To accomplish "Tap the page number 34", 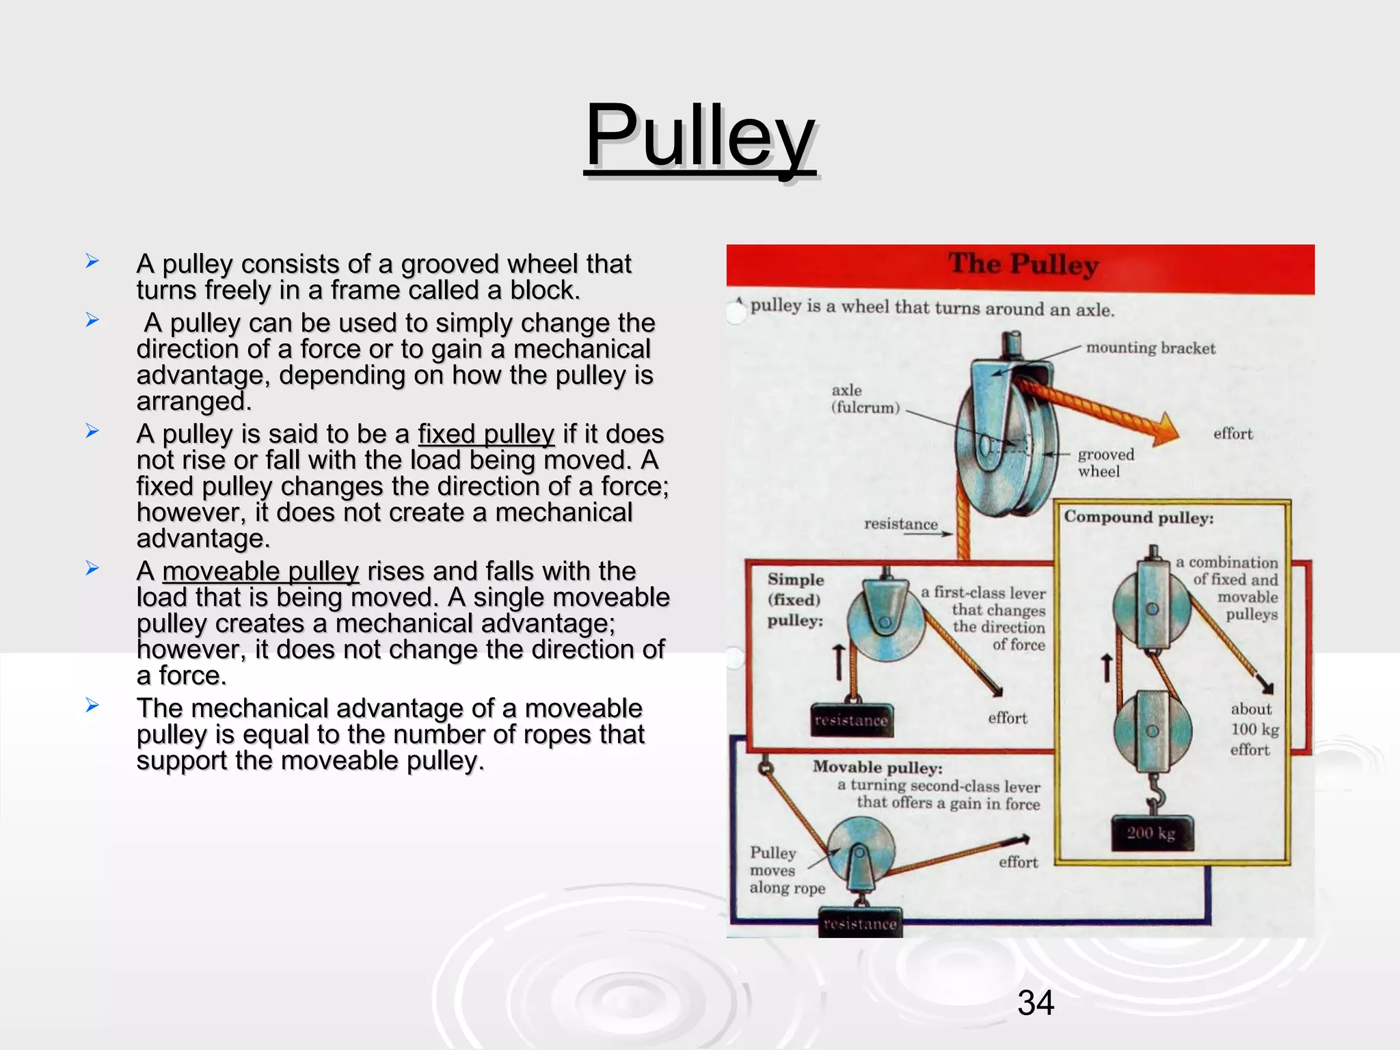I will (x=1036, y=1003).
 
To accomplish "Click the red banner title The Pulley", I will (x=1023, y=265).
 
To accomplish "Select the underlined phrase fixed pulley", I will (x=486, y=434).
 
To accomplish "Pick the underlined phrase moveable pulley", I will (x=260, y=571).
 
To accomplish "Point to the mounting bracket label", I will (x=1150, y=349).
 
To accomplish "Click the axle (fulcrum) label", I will (x=864, y=399).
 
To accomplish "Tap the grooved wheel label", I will (x=1105, y=463).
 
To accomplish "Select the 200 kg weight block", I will (x=1152, y=833).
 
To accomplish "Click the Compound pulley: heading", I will (x=1138, y=517).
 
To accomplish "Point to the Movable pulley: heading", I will (x=877, y=768).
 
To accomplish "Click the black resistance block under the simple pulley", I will (x=851, y=721).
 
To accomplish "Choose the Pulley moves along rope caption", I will (x=786, y=870).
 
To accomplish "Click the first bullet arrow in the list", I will (x=92, y=261).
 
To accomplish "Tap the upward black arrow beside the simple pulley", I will (x=839, y=662).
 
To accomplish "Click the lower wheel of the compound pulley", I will (x=1152, y=731).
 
